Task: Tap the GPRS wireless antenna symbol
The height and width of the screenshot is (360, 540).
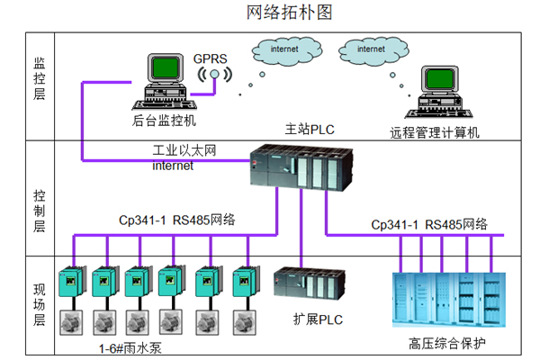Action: click(215, 78)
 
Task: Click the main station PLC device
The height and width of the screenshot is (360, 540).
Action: click(296, 171)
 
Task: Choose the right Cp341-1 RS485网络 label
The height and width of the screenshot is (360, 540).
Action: click(429, 223)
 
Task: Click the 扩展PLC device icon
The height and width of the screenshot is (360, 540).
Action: click(305, 287)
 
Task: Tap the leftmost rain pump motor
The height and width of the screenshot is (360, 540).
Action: click(68, 320)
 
